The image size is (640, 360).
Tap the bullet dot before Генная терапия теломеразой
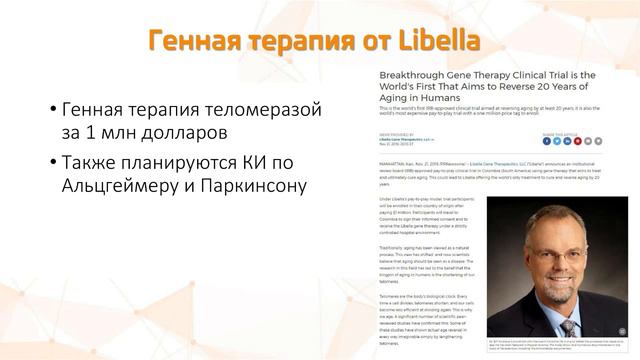click(53, 108)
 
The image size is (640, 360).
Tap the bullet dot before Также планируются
click(53, 161)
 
